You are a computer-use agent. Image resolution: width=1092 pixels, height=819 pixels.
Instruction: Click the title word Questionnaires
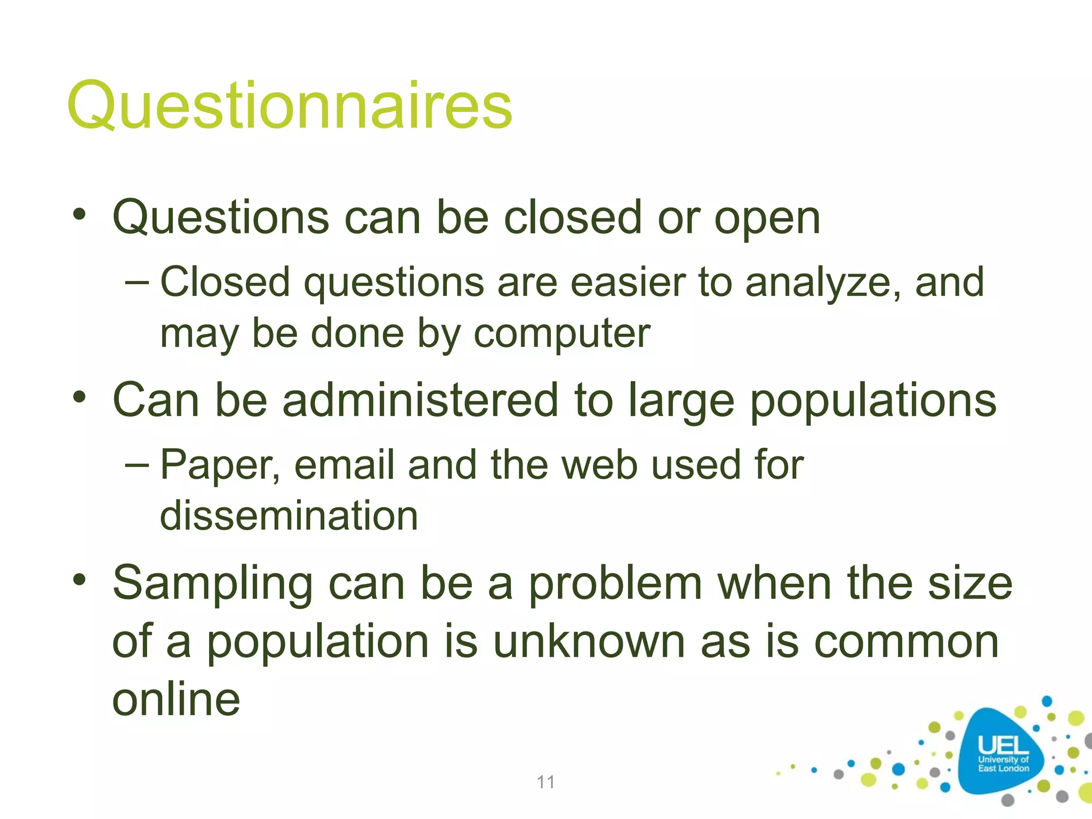pyautogui.click(x=290, y=105)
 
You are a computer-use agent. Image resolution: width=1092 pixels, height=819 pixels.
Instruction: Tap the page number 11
pyautogui.click(x=545, y=782)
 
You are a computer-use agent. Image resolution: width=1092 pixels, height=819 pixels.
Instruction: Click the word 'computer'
pyautogui.click(x=562, y=334)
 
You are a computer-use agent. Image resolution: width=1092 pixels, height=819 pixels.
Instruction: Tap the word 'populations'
pyautogui.click(x=873, y=401)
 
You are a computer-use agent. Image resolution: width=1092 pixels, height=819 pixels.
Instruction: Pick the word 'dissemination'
pyautogui.click(x=289, y=516)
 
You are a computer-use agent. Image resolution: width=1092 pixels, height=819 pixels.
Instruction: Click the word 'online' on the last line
pyautogui.click(x=176, y=700)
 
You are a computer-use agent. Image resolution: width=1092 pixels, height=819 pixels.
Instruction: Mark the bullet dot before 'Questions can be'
pyautogui.click(x=79, y=215)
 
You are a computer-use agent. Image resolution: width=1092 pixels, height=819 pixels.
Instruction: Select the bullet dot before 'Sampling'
pyautogui.click(x=79, y=580)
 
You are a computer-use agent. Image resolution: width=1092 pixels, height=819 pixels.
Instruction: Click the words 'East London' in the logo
pyautogui.click(x=1003, y=768)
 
